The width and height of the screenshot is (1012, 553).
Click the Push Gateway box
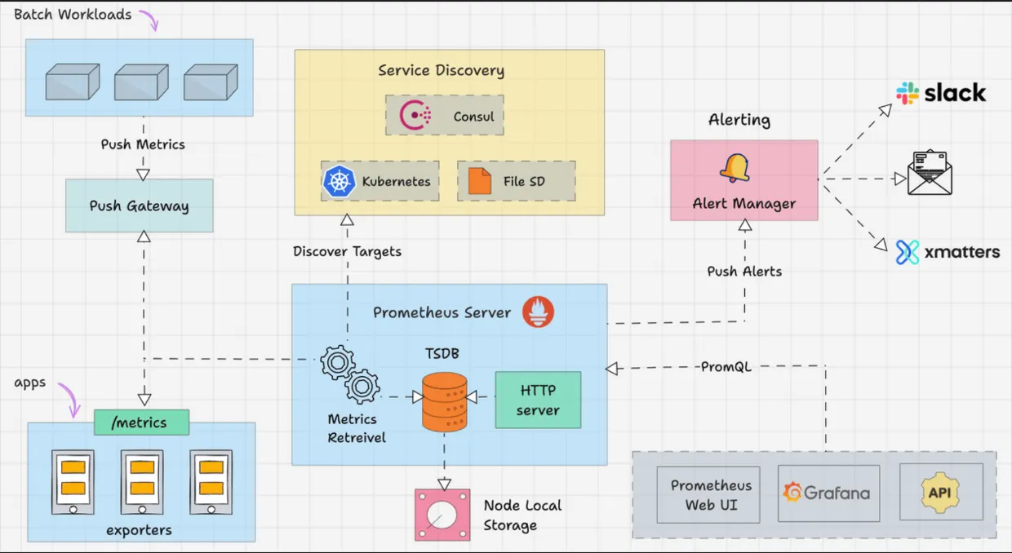pyautogui.click(x=139, y=206)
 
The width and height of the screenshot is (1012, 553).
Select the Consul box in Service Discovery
pyautogui.click(x=445, y=116)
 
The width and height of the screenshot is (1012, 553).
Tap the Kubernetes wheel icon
pyautogui.click(x=339, y=181)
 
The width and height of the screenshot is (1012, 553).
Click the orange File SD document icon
pyautogui.click(x=480, y=181)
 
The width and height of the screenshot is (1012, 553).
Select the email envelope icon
pyautogui.click(x=930, y=173)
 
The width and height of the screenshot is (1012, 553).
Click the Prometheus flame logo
pyautogui.click(x=538, y=312)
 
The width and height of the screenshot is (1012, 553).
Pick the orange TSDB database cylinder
pyautogui.click(x=444, y=401)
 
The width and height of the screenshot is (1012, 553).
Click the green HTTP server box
pyautogui.click(x=538, y=400)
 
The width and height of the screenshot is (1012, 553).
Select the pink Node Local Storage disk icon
pyautogui.click(x=442, y=515)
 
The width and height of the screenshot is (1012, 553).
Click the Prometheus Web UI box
pyautogui.click(x=708, y=494)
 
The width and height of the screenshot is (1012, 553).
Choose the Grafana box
pyautogui.click(x=828, y=493)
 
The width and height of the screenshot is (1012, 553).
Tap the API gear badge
pyautogui.click(x=939, y=493)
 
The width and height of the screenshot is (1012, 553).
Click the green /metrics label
pyautogui.click(x=141, y=422)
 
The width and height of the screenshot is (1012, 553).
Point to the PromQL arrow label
pyautogui.click(x=726, y=367)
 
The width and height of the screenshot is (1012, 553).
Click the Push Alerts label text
pyautogui.click(x=744, y=272)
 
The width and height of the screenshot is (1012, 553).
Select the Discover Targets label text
pyautogui.click(x=347, y=251)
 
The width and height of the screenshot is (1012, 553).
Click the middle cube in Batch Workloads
pyautogui.click(x=140, y=82)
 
